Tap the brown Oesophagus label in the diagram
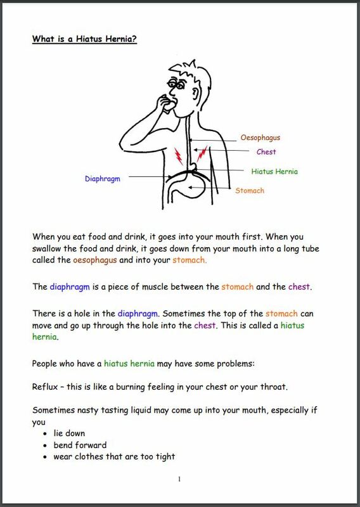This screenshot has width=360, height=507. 260,137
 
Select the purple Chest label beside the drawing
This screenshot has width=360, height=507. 266,152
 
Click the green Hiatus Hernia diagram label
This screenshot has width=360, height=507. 274,171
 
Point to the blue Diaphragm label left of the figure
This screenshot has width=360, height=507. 103,179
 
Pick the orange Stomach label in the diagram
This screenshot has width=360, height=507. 250,190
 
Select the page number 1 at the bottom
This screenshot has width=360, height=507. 180,478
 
